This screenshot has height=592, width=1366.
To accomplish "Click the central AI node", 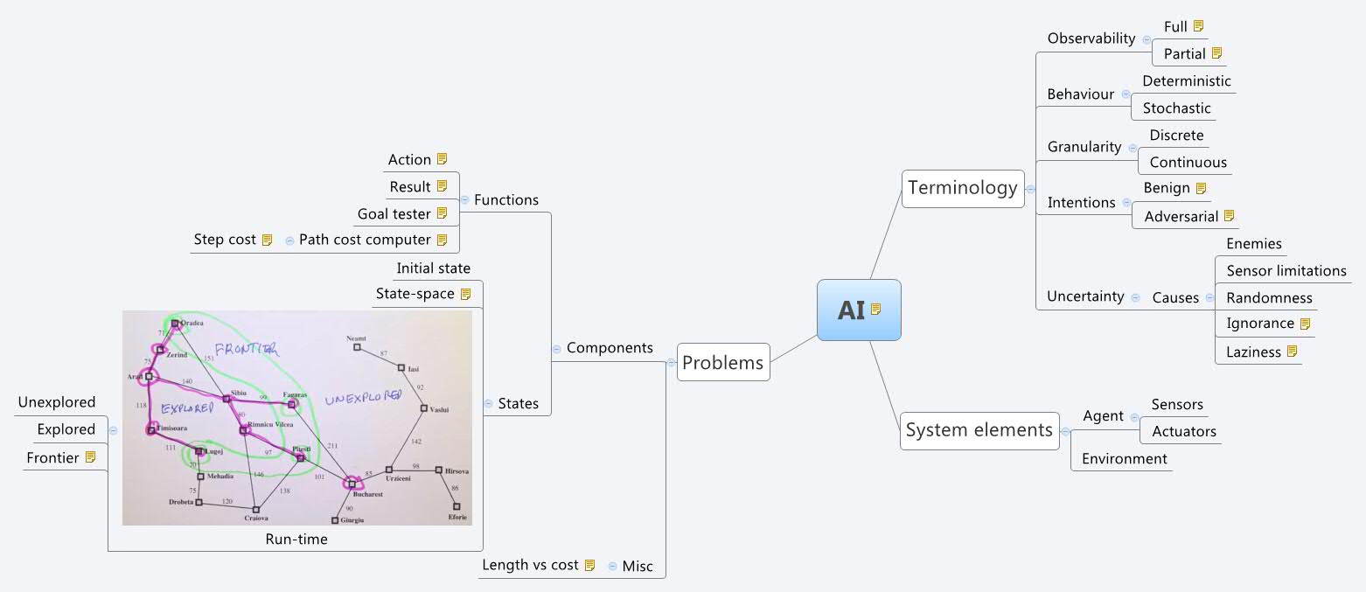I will (x=858, y=310).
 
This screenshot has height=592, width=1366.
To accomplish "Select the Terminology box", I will (x=962, y=188).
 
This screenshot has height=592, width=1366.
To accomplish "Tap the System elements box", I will (x=979, y=430).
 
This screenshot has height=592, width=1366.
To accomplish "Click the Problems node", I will (x=722, y=363).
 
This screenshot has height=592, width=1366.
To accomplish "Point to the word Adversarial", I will (x=1181, y=216).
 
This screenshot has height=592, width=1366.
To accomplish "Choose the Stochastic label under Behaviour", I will (x=1176, y=108).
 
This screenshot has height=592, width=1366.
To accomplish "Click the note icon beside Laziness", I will (x=1291, y=352).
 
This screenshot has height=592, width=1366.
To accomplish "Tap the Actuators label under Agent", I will (x=1183, y=431).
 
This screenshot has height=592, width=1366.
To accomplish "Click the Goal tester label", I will (x=394, y=213).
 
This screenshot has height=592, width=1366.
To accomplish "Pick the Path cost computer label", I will (x=365, y=240).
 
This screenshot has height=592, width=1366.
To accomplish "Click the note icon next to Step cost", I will (x=267, y=240).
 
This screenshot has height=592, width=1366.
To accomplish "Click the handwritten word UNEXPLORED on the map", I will (x=362, y=398).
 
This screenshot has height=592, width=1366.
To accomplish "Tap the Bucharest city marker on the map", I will (x=352, y=483).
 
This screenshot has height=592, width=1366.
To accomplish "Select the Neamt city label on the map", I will (x=356, y=338).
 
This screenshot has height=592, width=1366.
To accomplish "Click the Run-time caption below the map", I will (x=296, y=540).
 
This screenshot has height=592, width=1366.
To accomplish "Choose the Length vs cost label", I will (x=530, y=565).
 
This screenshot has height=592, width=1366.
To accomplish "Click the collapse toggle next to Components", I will (x=556, y=349).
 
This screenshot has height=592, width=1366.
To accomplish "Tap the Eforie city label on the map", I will (x=457, y=517).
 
